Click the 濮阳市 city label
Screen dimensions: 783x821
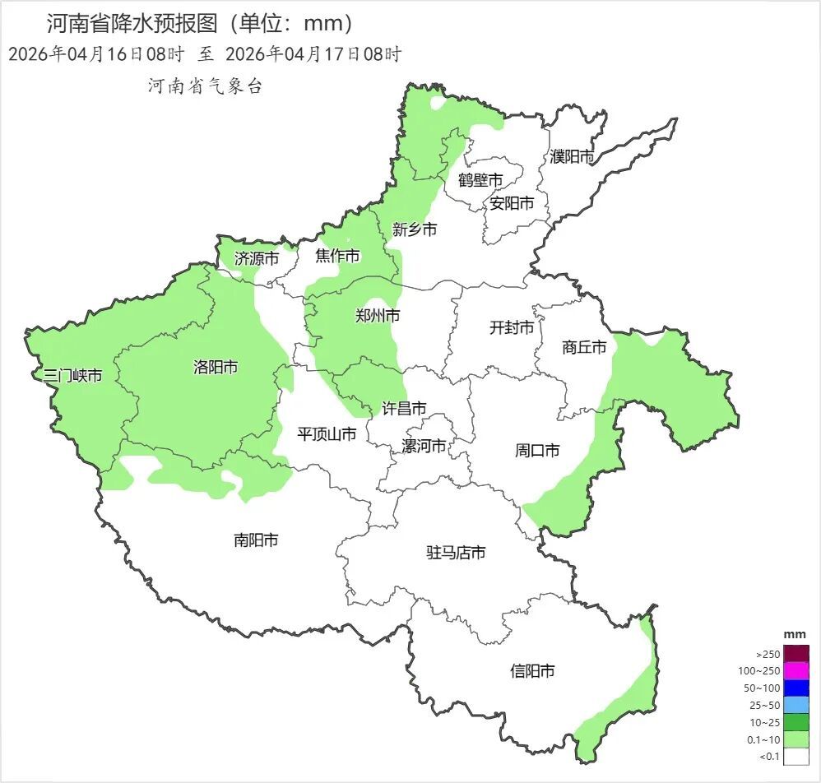click(572, 156)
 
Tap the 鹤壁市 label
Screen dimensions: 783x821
click(480, 180)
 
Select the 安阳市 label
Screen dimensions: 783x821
click(512, 203)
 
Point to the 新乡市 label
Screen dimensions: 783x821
click(415, 229)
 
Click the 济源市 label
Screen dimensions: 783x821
click(257, 258)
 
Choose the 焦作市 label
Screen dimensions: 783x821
click(337, 257)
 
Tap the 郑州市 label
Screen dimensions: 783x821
click(378, 315)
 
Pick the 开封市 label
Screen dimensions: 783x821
click(512, 328)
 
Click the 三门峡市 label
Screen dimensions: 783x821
click(73, 376)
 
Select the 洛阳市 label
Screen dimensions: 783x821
click(216, 367)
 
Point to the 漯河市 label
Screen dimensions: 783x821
click(424, 446)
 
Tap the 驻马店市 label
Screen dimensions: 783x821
click(455, 553)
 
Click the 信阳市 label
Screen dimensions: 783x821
click(532, 671)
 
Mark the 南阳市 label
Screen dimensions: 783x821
click(256, 540)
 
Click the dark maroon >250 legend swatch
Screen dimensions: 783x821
click(795, 654)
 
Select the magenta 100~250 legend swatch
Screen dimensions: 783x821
click(795, 671)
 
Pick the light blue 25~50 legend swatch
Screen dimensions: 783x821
click(795, 705)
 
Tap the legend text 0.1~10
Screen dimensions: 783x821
click(763, 739)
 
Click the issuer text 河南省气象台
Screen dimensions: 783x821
click(205, 86)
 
